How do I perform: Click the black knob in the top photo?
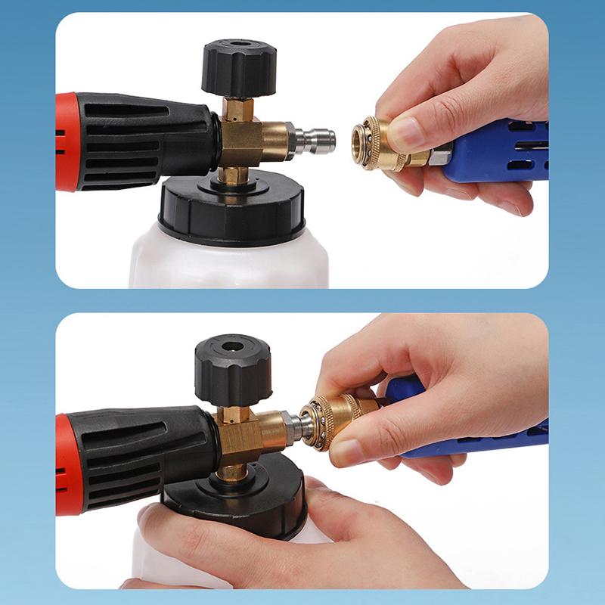238,68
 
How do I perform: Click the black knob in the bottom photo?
232,369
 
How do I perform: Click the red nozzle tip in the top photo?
67,141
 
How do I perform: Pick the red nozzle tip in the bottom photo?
67,464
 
